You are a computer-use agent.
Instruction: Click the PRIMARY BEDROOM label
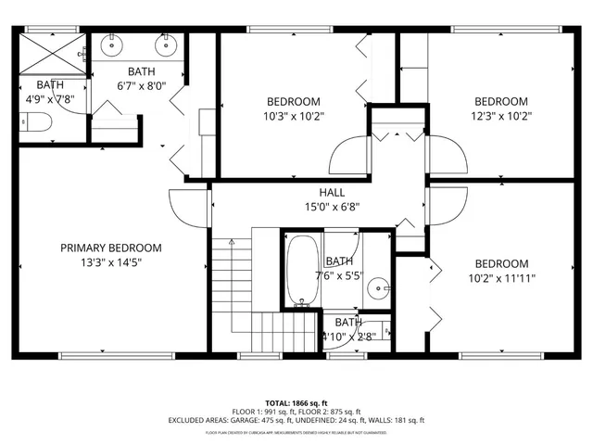point(111,248)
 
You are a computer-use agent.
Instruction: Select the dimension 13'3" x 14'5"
point(111,262)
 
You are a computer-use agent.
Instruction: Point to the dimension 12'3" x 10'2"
point(501,116)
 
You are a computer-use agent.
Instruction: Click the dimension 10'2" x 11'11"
point(501,278)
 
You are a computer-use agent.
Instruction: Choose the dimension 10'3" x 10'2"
point(294,116)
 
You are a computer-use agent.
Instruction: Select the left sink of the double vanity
point(113,44)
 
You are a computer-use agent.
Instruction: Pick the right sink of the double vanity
point(167,44)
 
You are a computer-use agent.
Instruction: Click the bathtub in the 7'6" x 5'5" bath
point(302,271)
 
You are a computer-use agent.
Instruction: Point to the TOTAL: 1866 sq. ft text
point(296,404)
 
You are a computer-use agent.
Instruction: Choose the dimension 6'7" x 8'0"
point(142,86)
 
